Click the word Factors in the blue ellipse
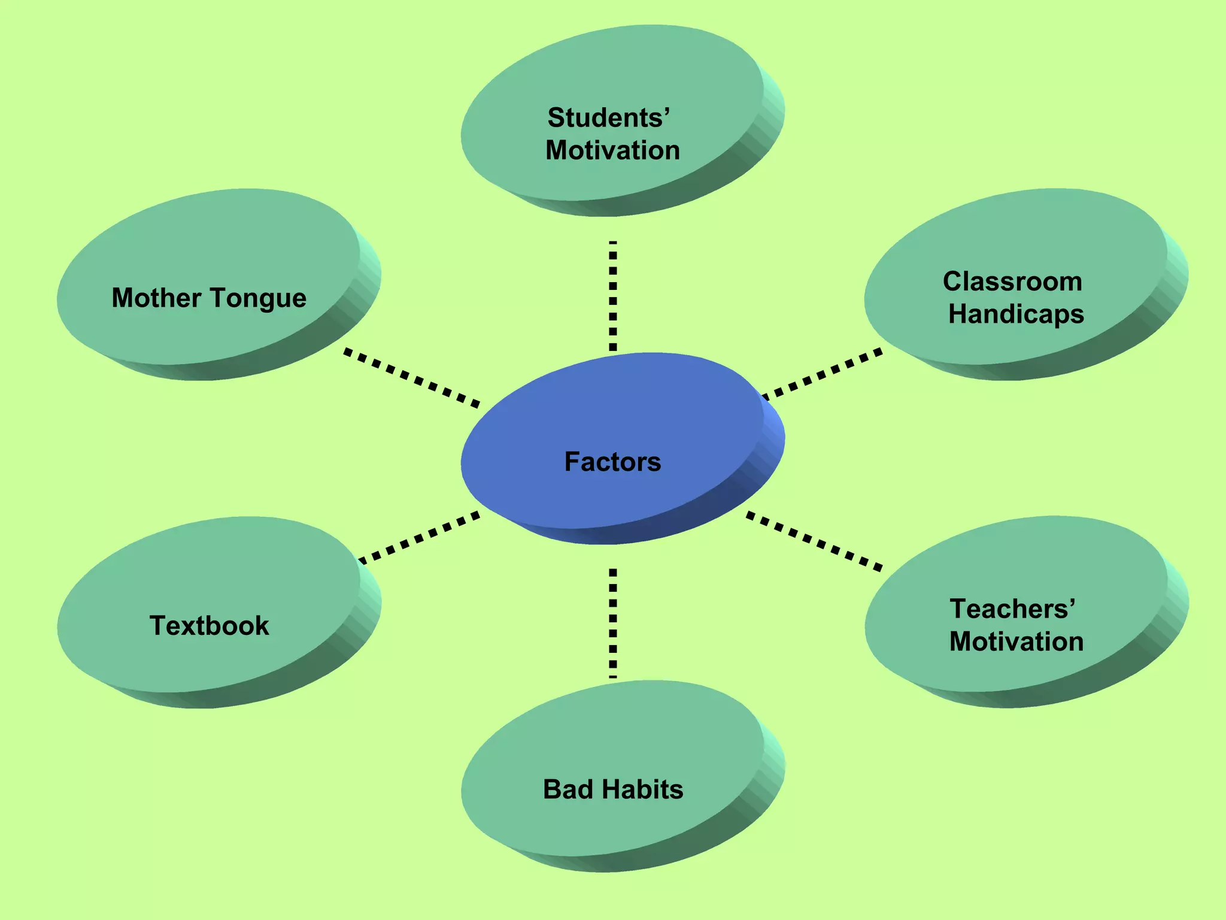pos(612,462)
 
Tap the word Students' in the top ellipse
pos(608,117)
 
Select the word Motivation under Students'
pos(612,150)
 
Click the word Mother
pos(156,298)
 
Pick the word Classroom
pos(1012,282)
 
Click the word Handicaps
pos(1016,314)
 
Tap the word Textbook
pos(209,626)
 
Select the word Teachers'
pos(1012,609)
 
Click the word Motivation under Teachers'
pos(1016,642)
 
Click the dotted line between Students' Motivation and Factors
pos(612,296)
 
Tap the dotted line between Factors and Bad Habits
pos(612,623)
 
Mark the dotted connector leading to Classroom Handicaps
pos(821,374)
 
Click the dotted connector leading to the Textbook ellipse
pos(419,537)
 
